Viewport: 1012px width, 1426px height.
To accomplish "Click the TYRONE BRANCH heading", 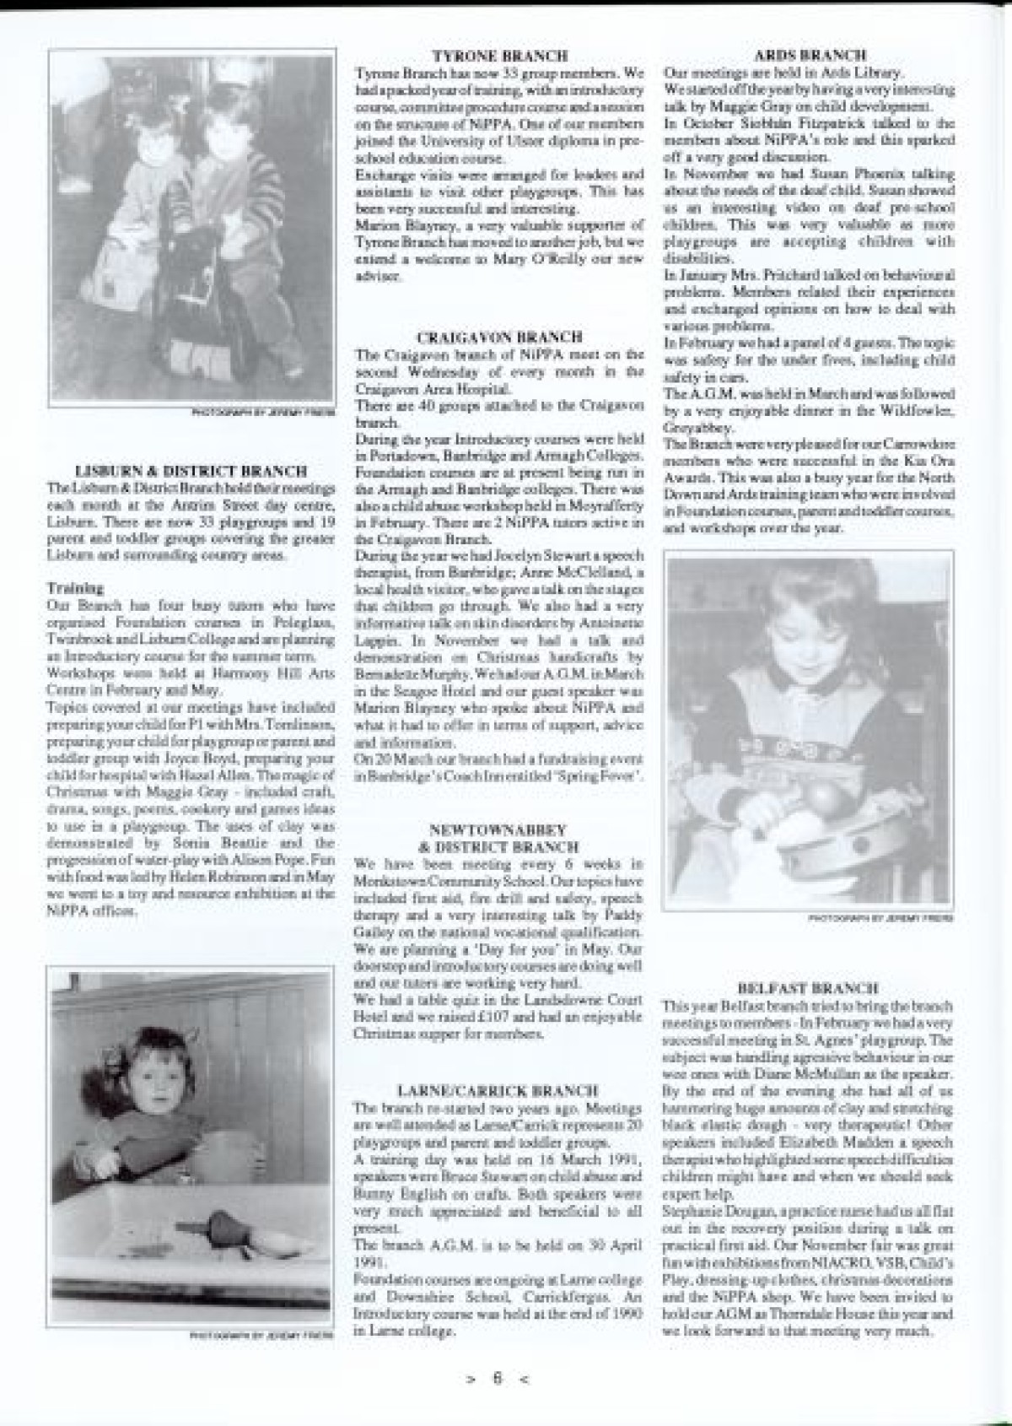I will pos(499,57).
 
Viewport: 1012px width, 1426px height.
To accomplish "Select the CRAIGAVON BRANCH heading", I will pos(499,337).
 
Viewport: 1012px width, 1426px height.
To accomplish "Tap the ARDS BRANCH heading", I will pos(810,57).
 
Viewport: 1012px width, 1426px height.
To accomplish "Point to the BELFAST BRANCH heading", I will pos(809,987).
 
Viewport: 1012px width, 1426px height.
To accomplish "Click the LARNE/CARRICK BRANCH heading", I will pos(499,1091).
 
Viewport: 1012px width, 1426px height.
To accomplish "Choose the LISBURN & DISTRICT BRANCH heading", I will pos(191,471).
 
